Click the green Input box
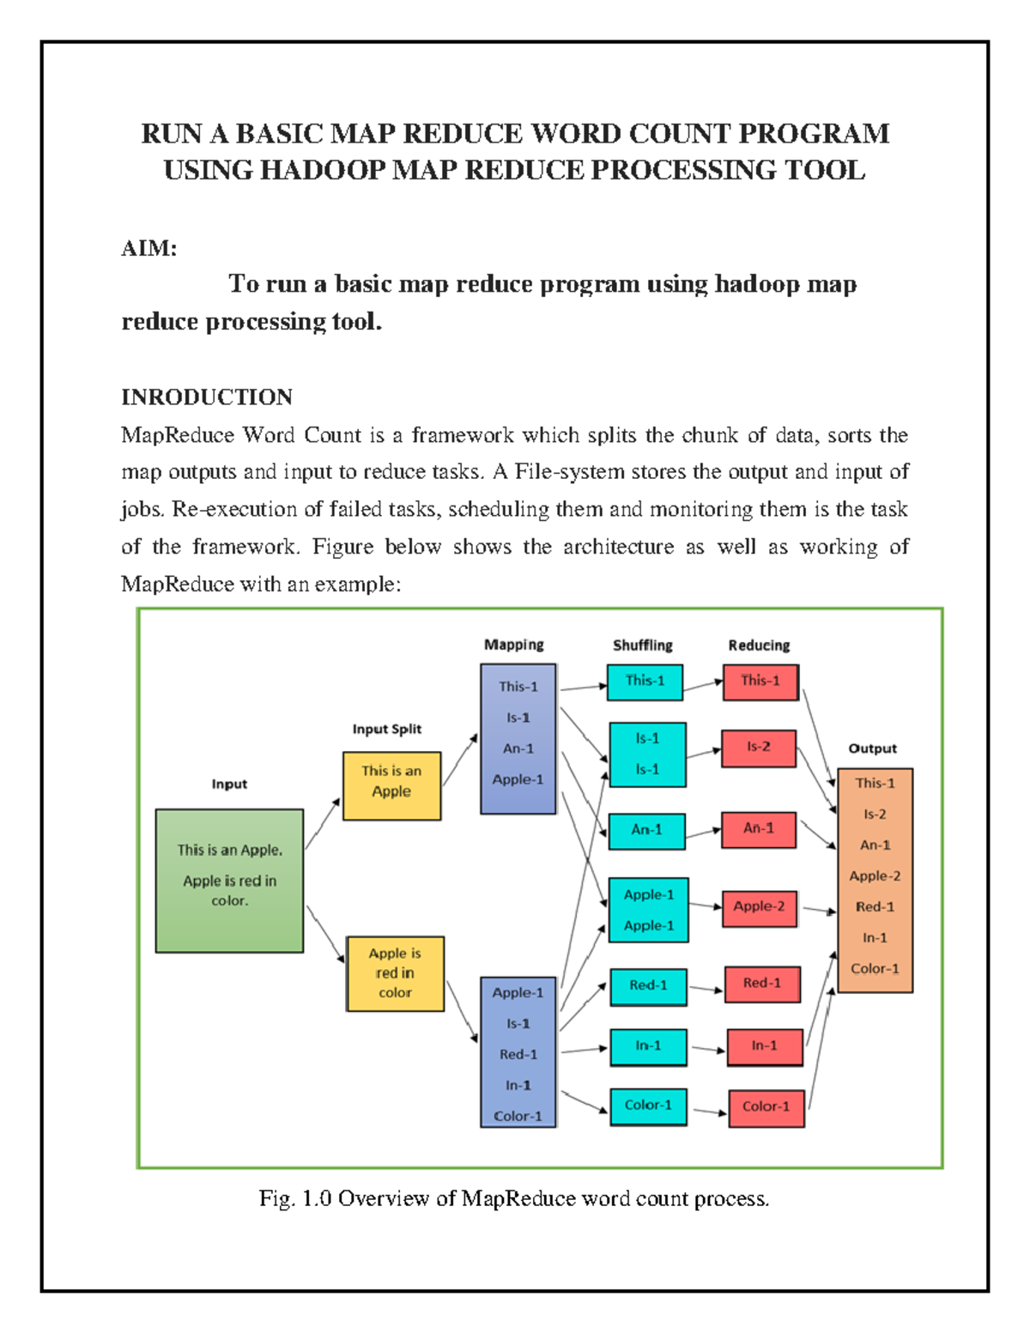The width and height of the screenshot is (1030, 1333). [x=229, y=880]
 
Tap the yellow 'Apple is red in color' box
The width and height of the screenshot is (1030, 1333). [x=395, y=973]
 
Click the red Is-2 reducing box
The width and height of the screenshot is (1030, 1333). [x=758, y=747]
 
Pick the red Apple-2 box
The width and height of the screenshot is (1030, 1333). [x=759, y=907]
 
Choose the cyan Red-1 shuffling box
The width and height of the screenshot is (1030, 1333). [x=648, y=986]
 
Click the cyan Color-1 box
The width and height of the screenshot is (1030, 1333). [x=648, y=1106]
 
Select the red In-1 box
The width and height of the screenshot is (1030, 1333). [x=764, y=1046]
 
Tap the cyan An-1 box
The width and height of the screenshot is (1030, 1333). [x=646, y=830]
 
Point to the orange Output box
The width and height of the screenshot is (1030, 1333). [x=875, y=880]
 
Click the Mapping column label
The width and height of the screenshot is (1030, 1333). [x=513, y=645]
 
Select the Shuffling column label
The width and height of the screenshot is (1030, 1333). [x=642, y=645]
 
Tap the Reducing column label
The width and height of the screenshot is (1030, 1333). [x=759, y=645]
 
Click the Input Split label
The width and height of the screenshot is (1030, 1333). [x=387, y=730]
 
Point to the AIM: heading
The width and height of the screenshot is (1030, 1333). [x=149, y=249]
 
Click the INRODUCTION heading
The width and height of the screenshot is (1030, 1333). [x=207, y=397]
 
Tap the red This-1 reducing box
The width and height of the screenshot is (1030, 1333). [x=760, y=682]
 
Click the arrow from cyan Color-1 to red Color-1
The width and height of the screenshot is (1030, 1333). [x=709, y=1112]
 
